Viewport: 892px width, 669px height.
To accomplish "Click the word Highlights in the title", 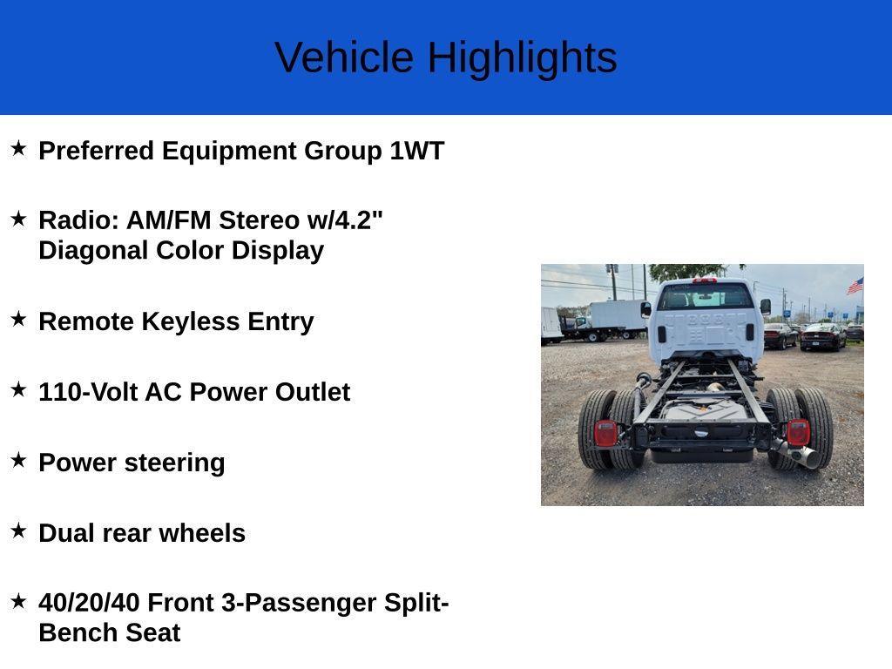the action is coord(522,58).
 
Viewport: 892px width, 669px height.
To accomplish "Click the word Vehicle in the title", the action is coord(344,57).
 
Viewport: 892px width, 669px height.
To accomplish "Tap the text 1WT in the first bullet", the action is coord(417,151).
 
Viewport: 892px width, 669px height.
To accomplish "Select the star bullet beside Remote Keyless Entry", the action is coord(19,319).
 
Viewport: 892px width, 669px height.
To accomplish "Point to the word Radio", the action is coord(78,220).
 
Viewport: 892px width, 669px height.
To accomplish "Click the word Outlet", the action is coord(313,392).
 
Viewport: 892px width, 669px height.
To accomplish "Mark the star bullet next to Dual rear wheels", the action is coord(19,530).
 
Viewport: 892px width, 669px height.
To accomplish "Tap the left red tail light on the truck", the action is coord(605,433).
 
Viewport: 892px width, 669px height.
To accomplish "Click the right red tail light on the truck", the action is coord(798,432).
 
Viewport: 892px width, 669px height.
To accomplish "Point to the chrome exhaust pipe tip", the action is coord(808,456).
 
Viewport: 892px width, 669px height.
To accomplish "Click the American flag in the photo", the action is coord(855,286).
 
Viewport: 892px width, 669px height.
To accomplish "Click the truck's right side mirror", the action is coord(766,307).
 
